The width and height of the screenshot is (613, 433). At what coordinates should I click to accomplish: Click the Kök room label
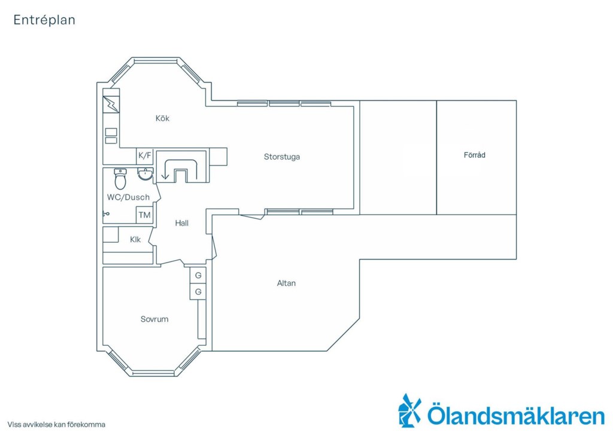(x=162, y=118)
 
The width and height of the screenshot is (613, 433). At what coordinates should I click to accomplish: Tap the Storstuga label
(x=282, y=157)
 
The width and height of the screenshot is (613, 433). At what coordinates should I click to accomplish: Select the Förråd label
(x=475, y=155)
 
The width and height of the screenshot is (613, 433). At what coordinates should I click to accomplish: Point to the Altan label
(x=286, y=283)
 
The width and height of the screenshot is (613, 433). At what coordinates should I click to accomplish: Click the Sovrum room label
(x=154, y=319)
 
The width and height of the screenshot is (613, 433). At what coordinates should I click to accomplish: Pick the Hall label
(x=182, y=223)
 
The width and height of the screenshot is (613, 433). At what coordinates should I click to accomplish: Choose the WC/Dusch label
(x=128, y=197)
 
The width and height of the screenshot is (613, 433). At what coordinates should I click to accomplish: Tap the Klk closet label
(x=135, y=240)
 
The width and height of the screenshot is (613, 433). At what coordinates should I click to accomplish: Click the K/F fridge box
(x=144, y=156)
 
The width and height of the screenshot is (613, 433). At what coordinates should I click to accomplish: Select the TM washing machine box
(x=144, y=215)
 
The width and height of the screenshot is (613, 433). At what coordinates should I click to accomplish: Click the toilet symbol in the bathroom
(x=120, y=179)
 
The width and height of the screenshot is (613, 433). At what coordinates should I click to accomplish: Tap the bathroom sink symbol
(x=145, y=174)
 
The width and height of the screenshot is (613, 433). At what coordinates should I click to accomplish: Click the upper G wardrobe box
(x=198, y=275)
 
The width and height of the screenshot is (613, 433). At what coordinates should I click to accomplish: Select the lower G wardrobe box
(x=198, y=292)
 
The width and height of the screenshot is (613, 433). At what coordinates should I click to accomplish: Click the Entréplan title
(x=44, y=20)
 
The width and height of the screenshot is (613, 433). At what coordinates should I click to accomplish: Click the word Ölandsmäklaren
(x=516, y=415)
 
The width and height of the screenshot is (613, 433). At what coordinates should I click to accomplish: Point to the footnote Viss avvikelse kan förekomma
(x=56, y=425)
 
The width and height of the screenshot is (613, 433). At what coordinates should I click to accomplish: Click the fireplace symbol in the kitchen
(x=111, y=105)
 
